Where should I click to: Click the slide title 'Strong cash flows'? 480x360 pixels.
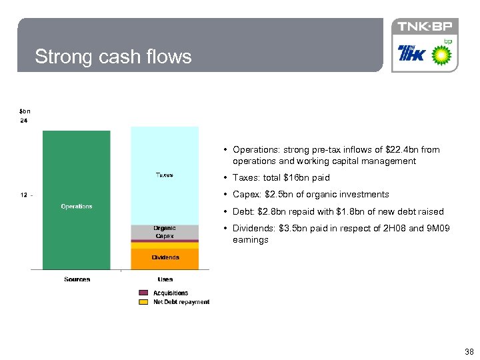click(x=113, y=57)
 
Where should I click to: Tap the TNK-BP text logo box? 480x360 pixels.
click(x=425, y=27)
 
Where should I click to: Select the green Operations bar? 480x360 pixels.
click(x=77, y=200)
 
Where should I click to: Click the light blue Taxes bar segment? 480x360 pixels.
click(x=165, y=175)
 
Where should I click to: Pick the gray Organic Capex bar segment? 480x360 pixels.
click(x=165, y=232)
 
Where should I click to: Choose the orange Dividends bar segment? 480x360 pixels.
click(x=165, y=257)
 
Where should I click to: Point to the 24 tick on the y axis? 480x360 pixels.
click(x=23, y=121)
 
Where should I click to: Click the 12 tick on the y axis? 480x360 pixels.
click(x=23, y=195)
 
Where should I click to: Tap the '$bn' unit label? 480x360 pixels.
click(x=24, y=111)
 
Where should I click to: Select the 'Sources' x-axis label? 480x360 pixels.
click(x=77, y=279)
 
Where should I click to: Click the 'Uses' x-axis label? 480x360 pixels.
click(x=165, y=279)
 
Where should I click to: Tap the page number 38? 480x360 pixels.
click(x=469, y=351)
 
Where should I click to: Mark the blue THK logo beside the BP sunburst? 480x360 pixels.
click(x=412, y=53)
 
